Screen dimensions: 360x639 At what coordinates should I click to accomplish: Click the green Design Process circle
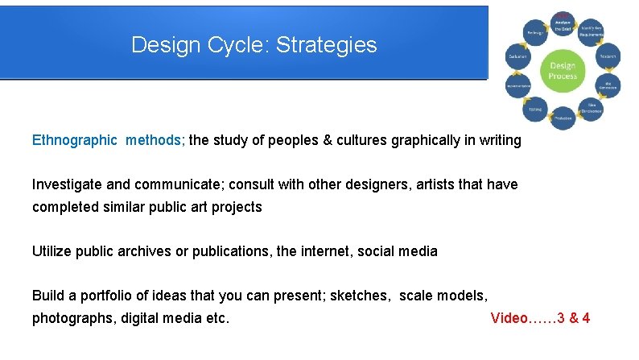[x=563, y=70]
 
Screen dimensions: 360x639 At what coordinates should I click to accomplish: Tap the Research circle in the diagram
[x=608, y=56]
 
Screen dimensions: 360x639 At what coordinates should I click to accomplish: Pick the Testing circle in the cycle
[x=534, y=110]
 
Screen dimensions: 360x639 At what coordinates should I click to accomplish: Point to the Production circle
[x=563, y=118]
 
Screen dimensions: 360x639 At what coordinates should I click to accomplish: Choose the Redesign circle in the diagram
[x=534, y=31]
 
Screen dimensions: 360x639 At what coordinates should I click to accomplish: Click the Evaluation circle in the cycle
[x=517, y=56]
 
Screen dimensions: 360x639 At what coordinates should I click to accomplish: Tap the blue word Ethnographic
[x=74, y=140]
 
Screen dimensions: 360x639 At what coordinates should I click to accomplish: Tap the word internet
[x=332, y=251]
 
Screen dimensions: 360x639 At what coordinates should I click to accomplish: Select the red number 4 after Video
[x=585, y=318]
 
